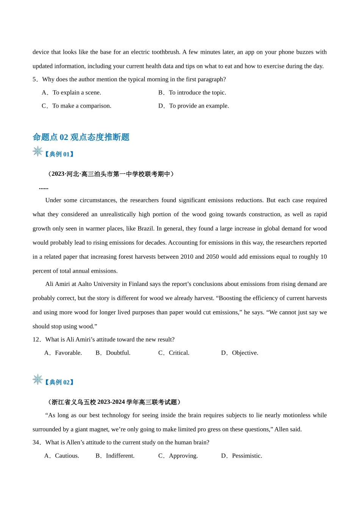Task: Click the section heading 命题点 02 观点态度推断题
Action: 81,137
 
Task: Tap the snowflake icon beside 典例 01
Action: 38,151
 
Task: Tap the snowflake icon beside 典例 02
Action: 38,379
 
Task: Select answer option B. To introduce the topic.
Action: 192,93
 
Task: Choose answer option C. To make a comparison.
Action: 77,106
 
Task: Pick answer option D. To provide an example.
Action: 194,106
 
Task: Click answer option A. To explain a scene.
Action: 72,93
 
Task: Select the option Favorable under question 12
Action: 63,353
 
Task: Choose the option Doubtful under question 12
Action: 113,353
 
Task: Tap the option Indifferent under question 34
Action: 115,456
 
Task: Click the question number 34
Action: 36,443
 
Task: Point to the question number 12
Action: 36,340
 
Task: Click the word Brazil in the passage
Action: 145,229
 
